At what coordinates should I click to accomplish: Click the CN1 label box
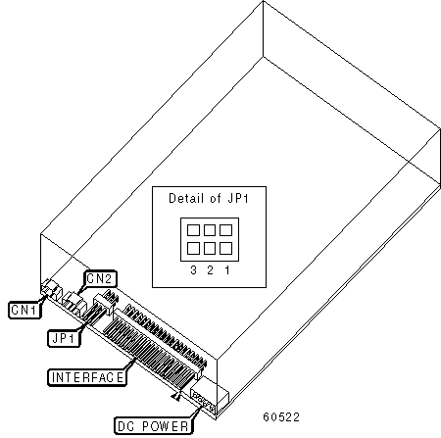click(24, 310)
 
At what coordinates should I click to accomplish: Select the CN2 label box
click(100, 278)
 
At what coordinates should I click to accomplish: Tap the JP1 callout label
click(64, 338)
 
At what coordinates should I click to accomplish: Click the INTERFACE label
click(87, 377)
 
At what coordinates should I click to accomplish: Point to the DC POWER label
click(153, 426)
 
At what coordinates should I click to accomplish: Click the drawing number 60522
click(281, 417)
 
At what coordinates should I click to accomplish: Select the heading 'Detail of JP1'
click(209, 198)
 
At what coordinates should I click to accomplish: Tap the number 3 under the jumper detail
click(193, 270)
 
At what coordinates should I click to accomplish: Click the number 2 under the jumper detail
click(210, 270)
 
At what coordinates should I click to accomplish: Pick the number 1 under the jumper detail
click(227, 270)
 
